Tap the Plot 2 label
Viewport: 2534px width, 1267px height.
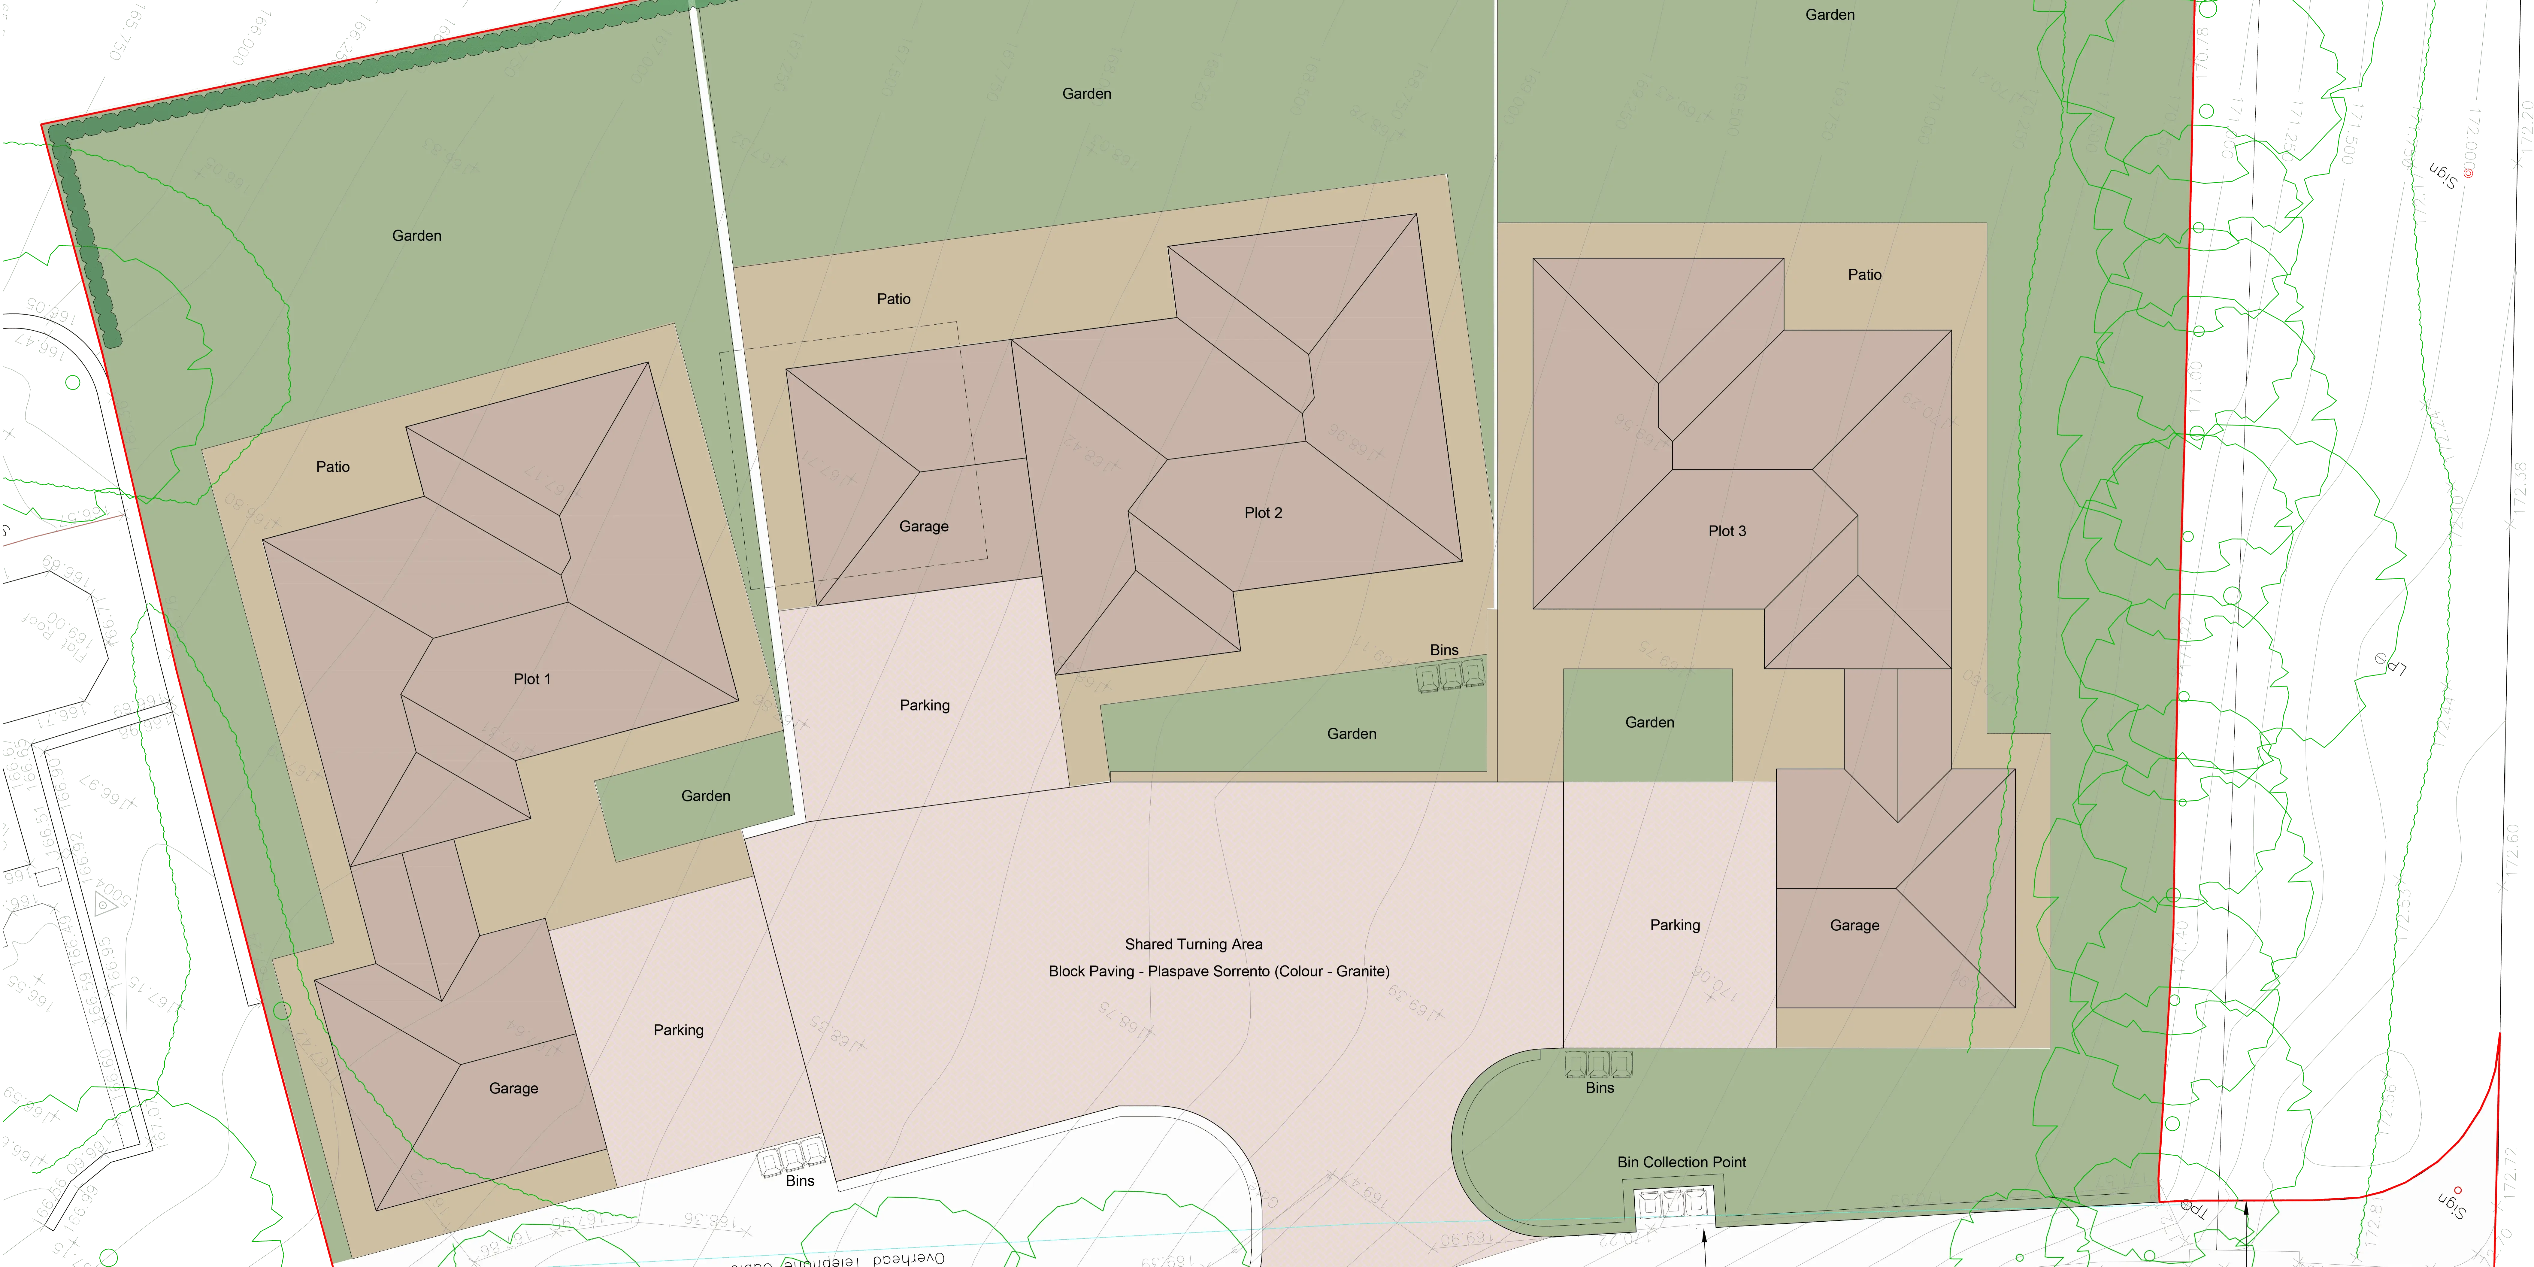pyautogui.click(x=1263, y=513)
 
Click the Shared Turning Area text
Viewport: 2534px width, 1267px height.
pyautogui.click(x=1193, y=944)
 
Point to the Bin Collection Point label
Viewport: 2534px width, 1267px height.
pyautogui.click(x=1681, y=1162)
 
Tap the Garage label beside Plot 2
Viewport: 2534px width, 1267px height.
pyautogui.click(x=924, y=526)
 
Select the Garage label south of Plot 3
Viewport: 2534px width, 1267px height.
pyautogui.click(x=1854, y=926)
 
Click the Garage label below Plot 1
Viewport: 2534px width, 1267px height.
pyautogui.click(x=513, y=1088)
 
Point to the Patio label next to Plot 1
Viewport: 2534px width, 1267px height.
pyautogui.click(x=332, y=466)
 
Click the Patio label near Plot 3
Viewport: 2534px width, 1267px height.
pyautogui.click(x=1864, y=274)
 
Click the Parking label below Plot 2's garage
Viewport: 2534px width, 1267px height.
pyautogui.click(x=925, y=705)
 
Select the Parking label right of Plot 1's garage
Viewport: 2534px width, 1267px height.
pyautogui.click(x=679, y=1030)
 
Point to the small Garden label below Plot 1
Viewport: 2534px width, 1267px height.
pyautogui.click(x=705, y=796)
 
